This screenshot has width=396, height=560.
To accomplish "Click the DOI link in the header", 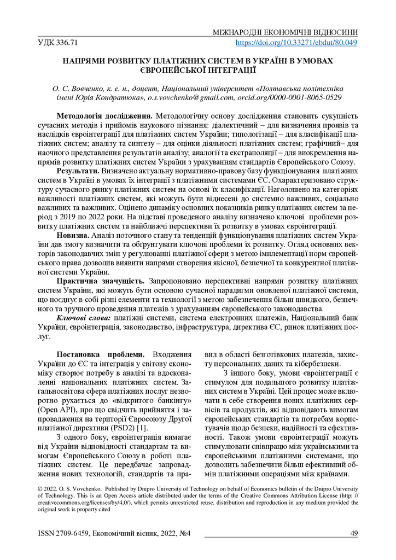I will coord(296,43).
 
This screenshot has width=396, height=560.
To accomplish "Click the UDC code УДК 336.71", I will coord(58,43).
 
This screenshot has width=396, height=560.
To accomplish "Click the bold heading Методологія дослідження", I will coord(105,116).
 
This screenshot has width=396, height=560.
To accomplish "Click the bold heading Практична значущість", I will coord(101,281).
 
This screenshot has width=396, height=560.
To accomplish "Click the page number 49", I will coord(353,533).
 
